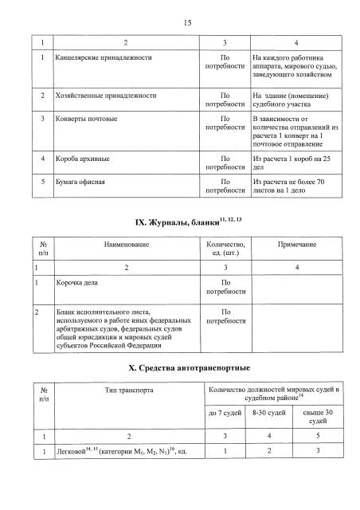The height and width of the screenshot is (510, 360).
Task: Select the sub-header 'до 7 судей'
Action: tap(225, 414)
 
